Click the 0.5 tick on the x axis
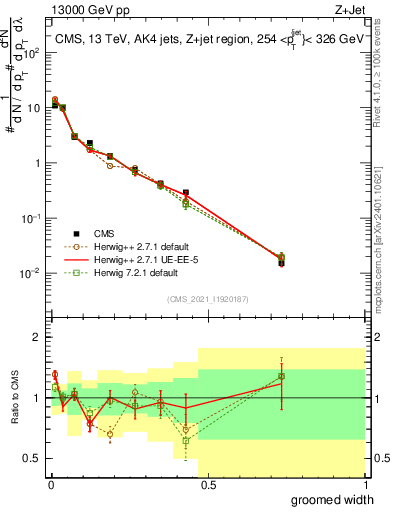pyautogui.click(x=207, y=486)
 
